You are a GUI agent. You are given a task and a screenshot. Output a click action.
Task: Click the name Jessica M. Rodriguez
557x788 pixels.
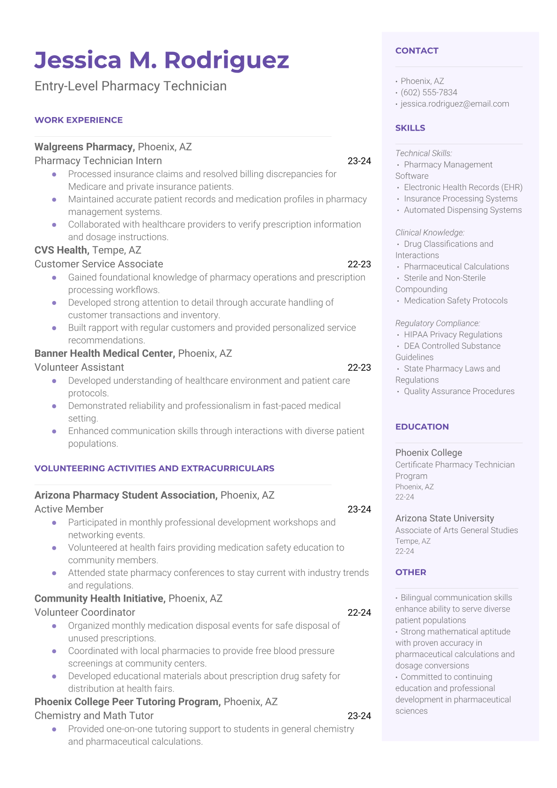coord(162,60)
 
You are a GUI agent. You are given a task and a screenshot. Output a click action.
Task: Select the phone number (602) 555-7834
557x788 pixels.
coord(429,92)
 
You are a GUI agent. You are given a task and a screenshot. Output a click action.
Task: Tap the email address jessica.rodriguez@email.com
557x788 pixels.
coord(454,104)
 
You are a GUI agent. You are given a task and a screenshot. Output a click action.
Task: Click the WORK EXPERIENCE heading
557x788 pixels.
coord(79,120)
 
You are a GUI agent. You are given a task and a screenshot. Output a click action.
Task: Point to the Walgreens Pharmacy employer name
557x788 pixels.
coord(85,147)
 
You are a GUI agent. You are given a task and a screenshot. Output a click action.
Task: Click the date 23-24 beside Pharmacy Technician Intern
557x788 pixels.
coord(359,161)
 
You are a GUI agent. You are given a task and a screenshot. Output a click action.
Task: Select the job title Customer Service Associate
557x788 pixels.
coord(99,264)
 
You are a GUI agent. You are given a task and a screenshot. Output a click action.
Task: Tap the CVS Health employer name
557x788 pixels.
coord(61,250)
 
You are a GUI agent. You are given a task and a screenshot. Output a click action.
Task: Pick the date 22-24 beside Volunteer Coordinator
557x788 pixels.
coord(359,612)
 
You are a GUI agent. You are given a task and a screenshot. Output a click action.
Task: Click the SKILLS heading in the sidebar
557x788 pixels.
coord(410,128)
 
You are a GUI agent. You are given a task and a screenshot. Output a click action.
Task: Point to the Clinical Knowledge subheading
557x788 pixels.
coord(430,233)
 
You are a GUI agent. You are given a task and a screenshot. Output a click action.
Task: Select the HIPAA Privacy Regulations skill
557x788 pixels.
coord(453,334)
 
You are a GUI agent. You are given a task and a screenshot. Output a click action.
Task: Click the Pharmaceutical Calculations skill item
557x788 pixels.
coord(456,266)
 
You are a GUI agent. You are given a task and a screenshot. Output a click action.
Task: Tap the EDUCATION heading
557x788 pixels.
coord(422,427)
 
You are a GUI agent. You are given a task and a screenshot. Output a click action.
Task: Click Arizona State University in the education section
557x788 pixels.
coord(445,518)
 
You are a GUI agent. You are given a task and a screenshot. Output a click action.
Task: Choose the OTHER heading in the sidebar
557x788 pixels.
coord(410,572)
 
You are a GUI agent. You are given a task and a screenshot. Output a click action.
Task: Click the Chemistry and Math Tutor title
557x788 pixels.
coord(94,715)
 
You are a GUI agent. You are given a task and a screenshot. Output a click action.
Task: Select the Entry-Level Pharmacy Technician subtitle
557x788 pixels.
coord(131,86)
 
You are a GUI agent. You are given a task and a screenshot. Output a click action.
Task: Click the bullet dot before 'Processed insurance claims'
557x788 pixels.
coord(54,174)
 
